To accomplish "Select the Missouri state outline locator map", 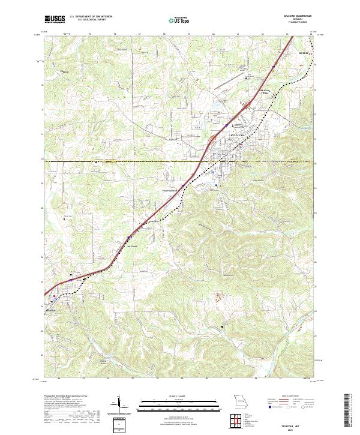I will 239,400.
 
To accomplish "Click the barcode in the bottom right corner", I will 351,411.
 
